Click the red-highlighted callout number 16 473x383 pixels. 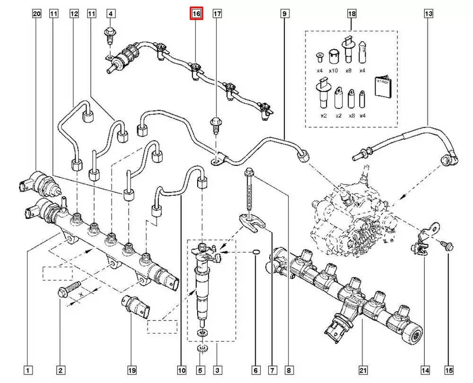click(x=196, y=14)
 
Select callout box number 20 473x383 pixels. click(x=37, y=14)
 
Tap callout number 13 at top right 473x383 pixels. click(x=428, y=14)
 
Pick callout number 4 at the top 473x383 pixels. click(x=110, y=14)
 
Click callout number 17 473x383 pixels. click(x=217, y=14)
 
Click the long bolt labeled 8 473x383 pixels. click(x=249, y=189)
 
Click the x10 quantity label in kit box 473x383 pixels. click(x=333, y=71)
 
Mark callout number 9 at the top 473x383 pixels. click(x=284, y=14)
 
